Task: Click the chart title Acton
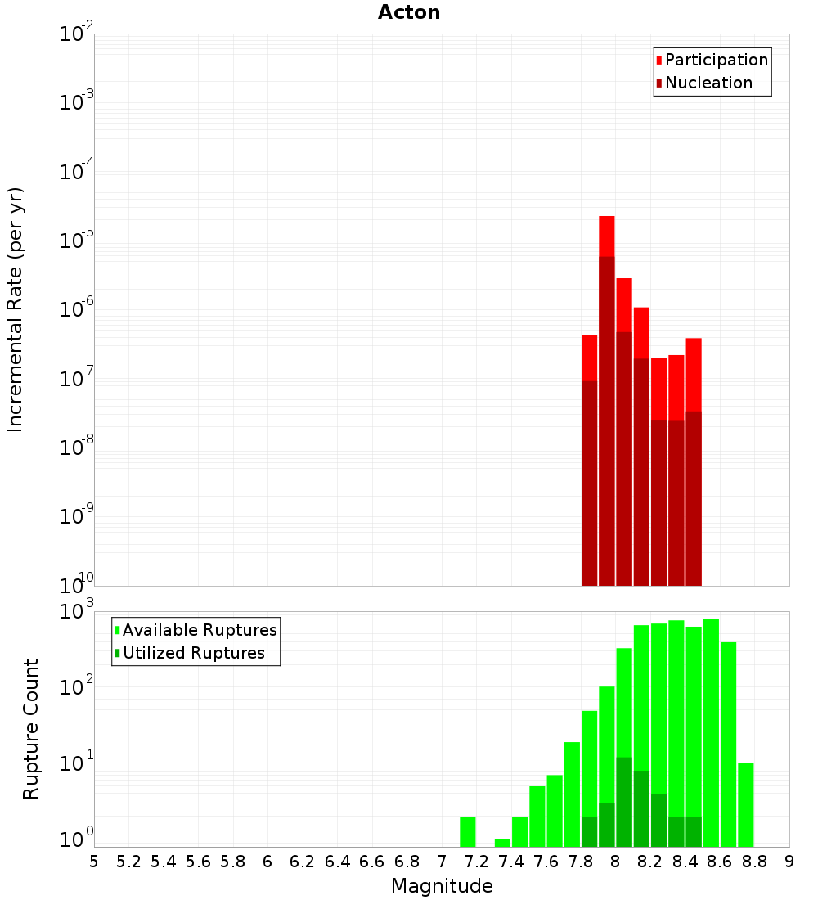pyautogui.click(x=409, y=13)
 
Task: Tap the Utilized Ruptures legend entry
pyautogui.click(x=193, y=654)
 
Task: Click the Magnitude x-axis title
pyautogui.click(x=442, y=886)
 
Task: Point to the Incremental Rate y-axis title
pyautogui.click(x=16, y=309)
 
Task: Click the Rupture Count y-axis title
pyautogui.click(x=31, y=729)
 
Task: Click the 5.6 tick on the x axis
pyautogui.click(x=198, y=862)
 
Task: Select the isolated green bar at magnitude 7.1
pyautogui.click(x=468, y=831)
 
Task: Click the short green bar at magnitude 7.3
pyautogui.click(x=502, y=843)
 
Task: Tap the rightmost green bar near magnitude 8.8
pyautogui.click(x=745, y=805)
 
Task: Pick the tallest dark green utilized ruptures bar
pyautogui.click(x=624, y=802)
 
